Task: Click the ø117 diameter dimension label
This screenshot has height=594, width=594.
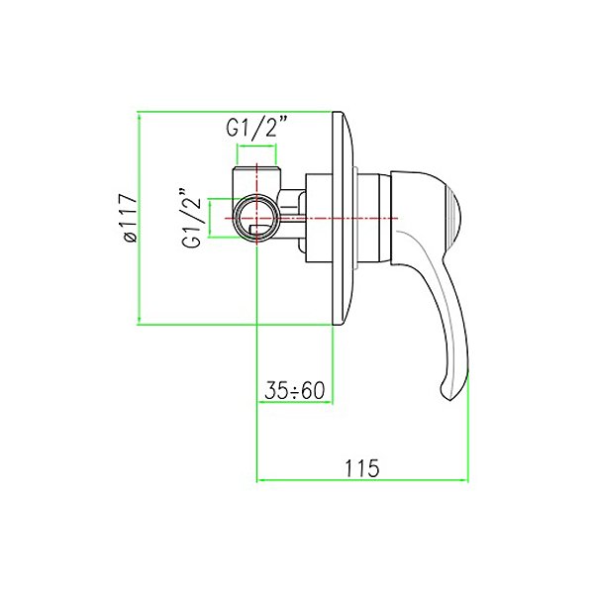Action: (x=129, y=218)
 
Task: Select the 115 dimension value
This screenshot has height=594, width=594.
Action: (x=361, y=468)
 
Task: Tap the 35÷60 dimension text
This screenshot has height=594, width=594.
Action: (x=295, y=391)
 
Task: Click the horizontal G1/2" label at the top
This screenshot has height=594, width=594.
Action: (x=257, y=127)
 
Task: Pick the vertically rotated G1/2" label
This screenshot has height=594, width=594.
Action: (x=192, y=217)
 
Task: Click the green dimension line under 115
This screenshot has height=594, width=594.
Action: (x=362, y=480)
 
